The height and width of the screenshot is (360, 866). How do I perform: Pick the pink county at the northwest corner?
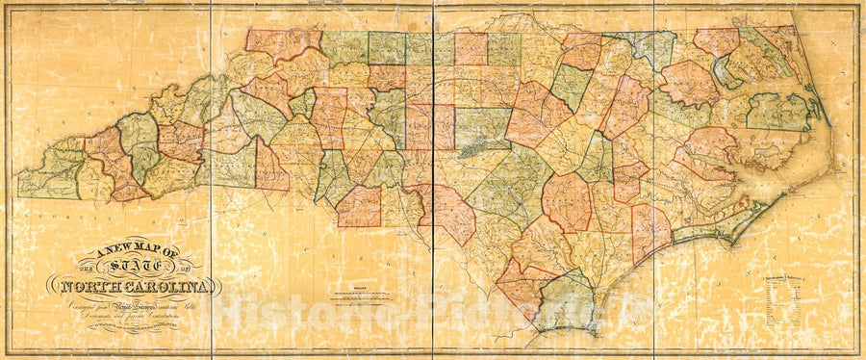[281, 42]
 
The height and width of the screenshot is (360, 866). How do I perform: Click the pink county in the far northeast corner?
[717, 40]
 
